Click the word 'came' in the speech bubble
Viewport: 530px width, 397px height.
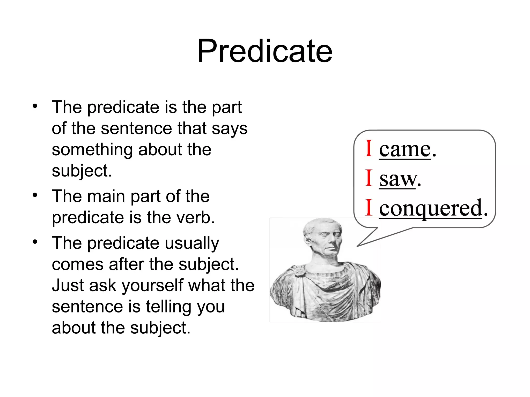405,150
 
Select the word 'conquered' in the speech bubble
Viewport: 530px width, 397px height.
431,208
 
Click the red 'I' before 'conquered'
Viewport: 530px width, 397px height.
369,207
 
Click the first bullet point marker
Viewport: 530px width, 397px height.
35,106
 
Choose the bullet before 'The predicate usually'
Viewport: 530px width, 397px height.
35,242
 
